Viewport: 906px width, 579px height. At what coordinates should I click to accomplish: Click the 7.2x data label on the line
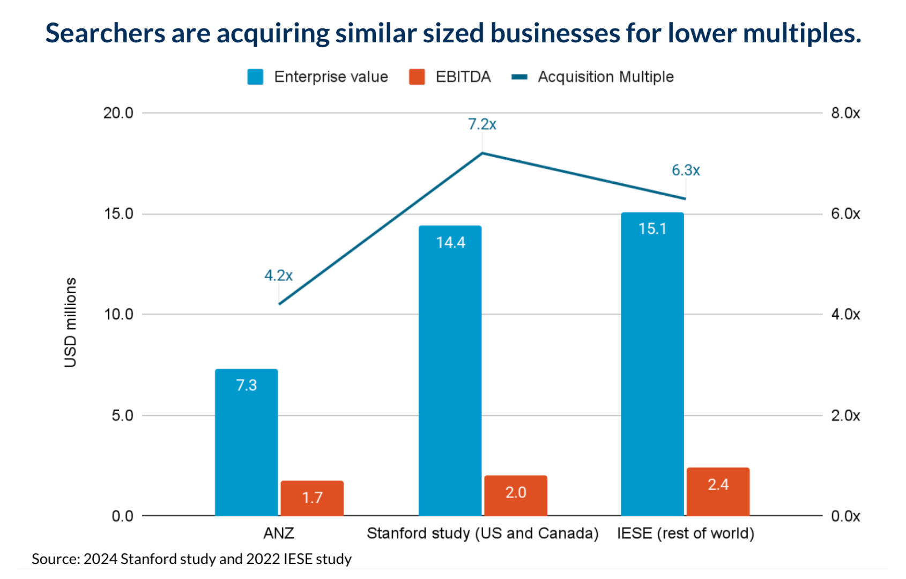click(x=482, y=124)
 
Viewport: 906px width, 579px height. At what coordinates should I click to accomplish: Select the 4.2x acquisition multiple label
click(x=278, y=276)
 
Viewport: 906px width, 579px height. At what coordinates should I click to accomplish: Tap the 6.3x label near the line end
click(x=686, y=170)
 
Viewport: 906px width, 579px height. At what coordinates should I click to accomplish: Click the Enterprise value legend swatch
click(x=255, y=77)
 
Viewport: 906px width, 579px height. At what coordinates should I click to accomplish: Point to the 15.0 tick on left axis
click(x=118, y=214)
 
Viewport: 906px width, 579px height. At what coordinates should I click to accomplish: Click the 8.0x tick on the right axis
click(x=845, y=113)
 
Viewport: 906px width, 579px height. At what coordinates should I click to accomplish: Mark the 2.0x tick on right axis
click(x=845, y=415)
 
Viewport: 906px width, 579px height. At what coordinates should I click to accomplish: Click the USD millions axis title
click(x=70, y=322)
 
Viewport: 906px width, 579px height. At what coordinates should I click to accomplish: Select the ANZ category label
click(x=278, y=533)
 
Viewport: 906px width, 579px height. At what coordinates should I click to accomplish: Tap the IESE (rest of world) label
click(x=685, y=533)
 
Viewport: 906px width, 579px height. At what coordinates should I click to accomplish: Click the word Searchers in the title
click(x=105, y=33)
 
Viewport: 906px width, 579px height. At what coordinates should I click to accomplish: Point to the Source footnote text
click(x=191, y=559)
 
